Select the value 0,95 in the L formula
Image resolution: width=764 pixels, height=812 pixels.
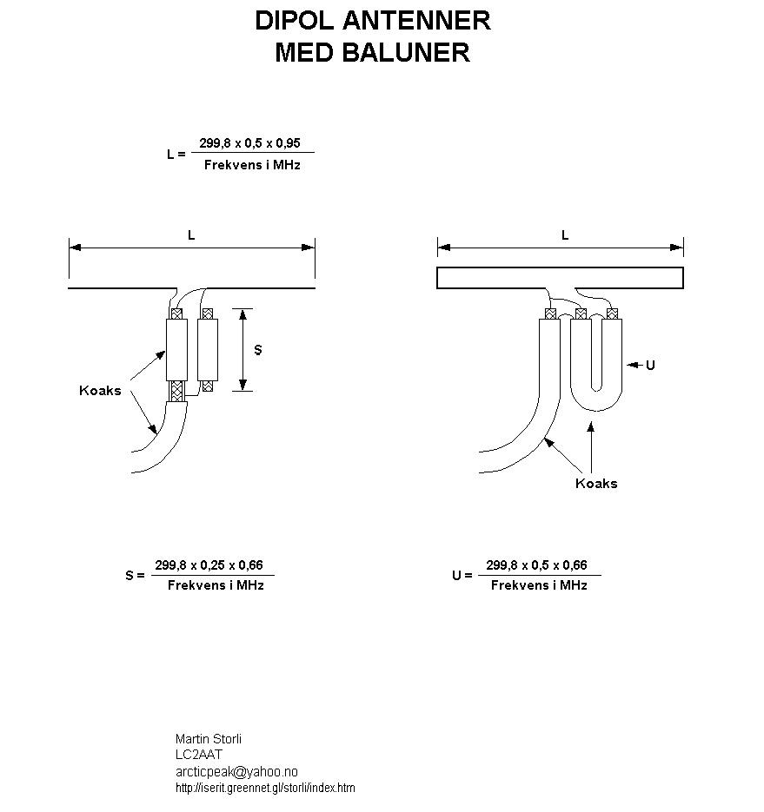pyautogui.click(x=289, y=143)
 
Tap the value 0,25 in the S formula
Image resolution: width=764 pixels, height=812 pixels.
pyautogui.click(x=213, y=565)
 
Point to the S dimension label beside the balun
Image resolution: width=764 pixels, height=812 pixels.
pyautogui.click(x=257, y=350)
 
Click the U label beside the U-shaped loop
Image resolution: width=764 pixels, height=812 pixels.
pyautogui.click(x=650, y=365)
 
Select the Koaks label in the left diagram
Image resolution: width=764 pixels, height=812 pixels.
pyautogui.click(x=100, y=391)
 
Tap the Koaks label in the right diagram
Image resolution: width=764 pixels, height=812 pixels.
pyautogui.click(x=596, y=484)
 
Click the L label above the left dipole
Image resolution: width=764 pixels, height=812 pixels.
pyautogui.click(x=191, y=235)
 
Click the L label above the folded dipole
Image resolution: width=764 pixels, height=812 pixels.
pyautogui.click(x=565, y=235)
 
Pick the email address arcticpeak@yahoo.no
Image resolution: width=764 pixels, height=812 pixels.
pyautogui.click(x=236, y=771)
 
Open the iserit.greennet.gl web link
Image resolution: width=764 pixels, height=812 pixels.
pyautogui.click(x=265, y=789)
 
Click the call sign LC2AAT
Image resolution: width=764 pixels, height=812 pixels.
pyautogui.click(x=198, y=755)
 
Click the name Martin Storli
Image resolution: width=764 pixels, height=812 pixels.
pyautogui.click(x=209, y=739)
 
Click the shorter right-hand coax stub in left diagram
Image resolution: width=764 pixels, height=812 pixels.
pyautogui.click(x=208, y=350)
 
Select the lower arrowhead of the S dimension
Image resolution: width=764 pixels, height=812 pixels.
pyautogui.click(x=242, y=385)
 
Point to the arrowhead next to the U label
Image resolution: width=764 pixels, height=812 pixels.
pyautogui.click(x=633, y=365)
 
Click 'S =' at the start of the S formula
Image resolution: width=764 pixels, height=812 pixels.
pyautogui.click(x=136, y=575)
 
